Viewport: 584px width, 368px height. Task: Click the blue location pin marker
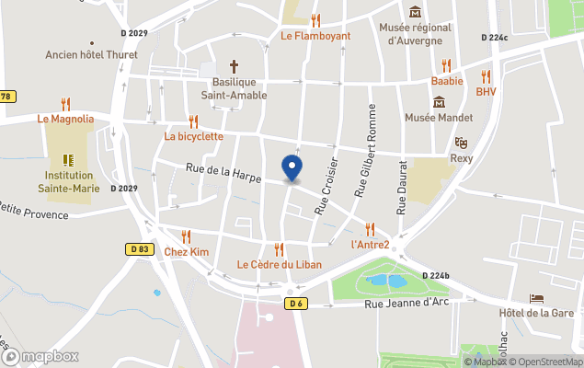coord(292,168)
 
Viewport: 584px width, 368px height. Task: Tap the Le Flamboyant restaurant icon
coord(315,20)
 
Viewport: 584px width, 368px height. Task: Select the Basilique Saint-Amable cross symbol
coord(234,66)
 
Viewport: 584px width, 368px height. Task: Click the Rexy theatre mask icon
coord(461,143)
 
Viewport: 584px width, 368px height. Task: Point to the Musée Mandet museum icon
coord(438,100)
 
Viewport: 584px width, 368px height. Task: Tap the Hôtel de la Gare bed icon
coord(536,299)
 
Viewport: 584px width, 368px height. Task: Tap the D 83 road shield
coord(139,248)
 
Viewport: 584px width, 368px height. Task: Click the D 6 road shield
coord(295,303)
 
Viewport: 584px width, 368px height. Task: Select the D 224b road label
coord(436,276)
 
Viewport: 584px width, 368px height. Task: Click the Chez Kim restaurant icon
coord(187,236)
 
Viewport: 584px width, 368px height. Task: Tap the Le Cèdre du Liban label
coord(278,265)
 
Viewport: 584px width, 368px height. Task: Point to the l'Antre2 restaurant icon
coord(371,229)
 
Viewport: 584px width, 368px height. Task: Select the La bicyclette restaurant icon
coord(193,121)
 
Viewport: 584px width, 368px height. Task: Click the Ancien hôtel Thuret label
coord(92,54)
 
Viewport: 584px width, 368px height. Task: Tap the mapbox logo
coord(40,356)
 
